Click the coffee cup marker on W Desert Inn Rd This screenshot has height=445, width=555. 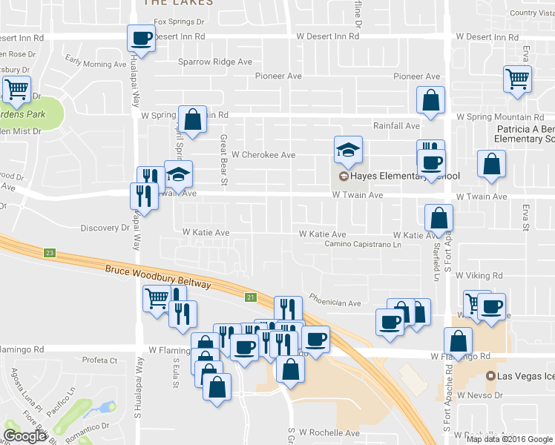pyautogui.click(x=141, y=39)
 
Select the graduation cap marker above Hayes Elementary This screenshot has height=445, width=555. pyautogui.click(x=347, y=150)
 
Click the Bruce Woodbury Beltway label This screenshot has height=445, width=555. pyautogui.click(x=158, y=277)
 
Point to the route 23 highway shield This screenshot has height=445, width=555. pyautogui.click(x=50, y=253)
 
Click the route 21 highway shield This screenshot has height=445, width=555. pyautogui.click(x=251, y=297)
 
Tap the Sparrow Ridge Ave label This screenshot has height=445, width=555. pyautogui.click(x=215, y=62)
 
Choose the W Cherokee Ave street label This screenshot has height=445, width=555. pyautogui.click(x=263, y=155)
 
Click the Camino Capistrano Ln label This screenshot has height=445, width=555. pyautogui.click(x=363, y=244)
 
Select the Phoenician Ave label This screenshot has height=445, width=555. pyautogui.click(x=335, y=303)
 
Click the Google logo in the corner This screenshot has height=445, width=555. pyautogui.click(x=24, y=436)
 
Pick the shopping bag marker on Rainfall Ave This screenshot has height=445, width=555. pyautogui.click(x=430, y=102)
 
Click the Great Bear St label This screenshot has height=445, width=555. pyautogui.click(x=222, y=156)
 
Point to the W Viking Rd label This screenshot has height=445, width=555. pyautogui.click(x=479, y=275)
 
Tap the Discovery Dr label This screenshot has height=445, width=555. pyautogui.click(x=105, y=228)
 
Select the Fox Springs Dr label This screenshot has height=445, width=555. pyautogui.click(x=179, y=22)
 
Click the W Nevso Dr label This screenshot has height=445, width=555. pyautogui.click(x=481, y=396)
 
